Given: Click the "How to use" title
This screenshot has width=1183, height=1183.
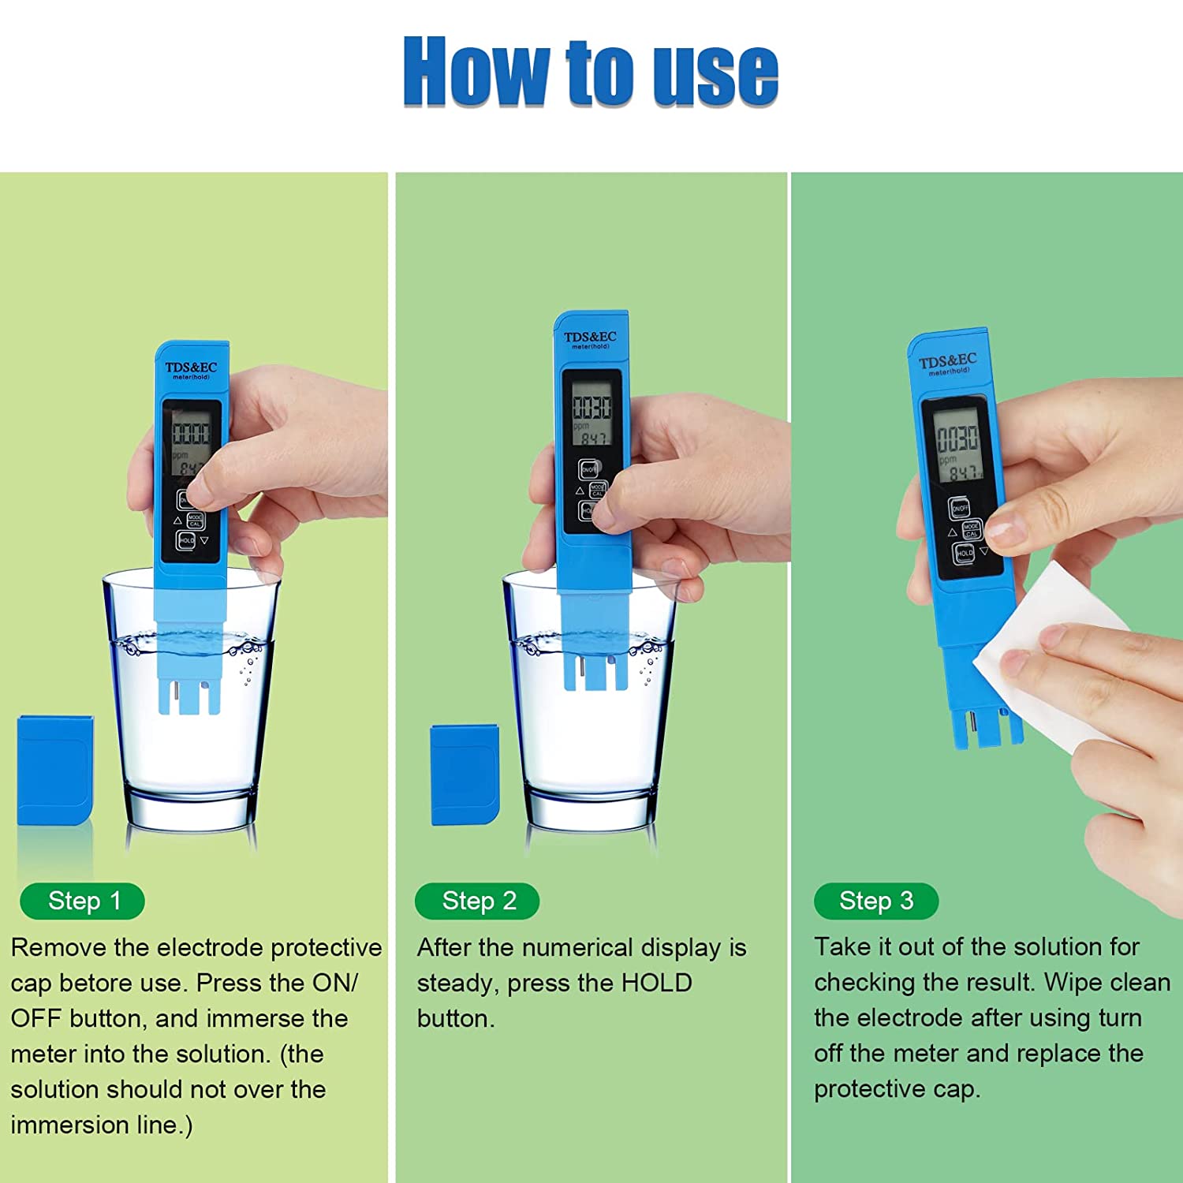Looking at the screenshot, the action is (591, 71).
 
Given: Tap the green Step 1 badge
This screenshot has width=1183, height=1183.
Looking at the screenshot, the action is (83, 901).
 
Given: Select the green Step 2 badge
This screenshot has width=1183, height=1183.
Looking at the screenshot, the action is (478, 901).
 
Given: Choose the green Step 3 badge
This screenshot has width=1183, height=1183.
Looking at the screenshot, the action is (876, 901).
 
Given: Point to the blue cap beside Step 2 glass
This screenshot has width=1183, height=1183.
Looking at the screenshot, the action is (465, 775).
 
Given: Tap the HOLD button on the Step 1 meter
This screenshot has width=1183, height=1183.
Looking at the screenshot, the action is (186, 541).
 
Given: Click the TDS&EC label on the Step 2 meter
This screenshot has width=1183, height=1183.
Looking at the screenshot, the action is (590, 338).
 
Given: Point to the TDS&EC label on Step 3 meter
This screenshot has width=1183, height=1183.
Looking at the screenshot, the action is (947, 361).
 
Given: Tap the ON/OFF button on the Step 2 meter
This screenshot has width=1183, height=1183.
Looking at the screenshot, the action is (589, 469).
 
